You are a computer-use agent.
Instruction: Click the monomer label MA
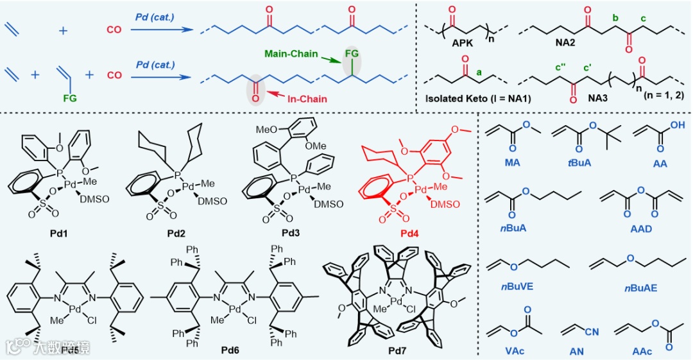tap(513, 164)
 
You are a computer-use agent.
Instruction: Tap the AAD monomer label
tap(641, 228)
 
